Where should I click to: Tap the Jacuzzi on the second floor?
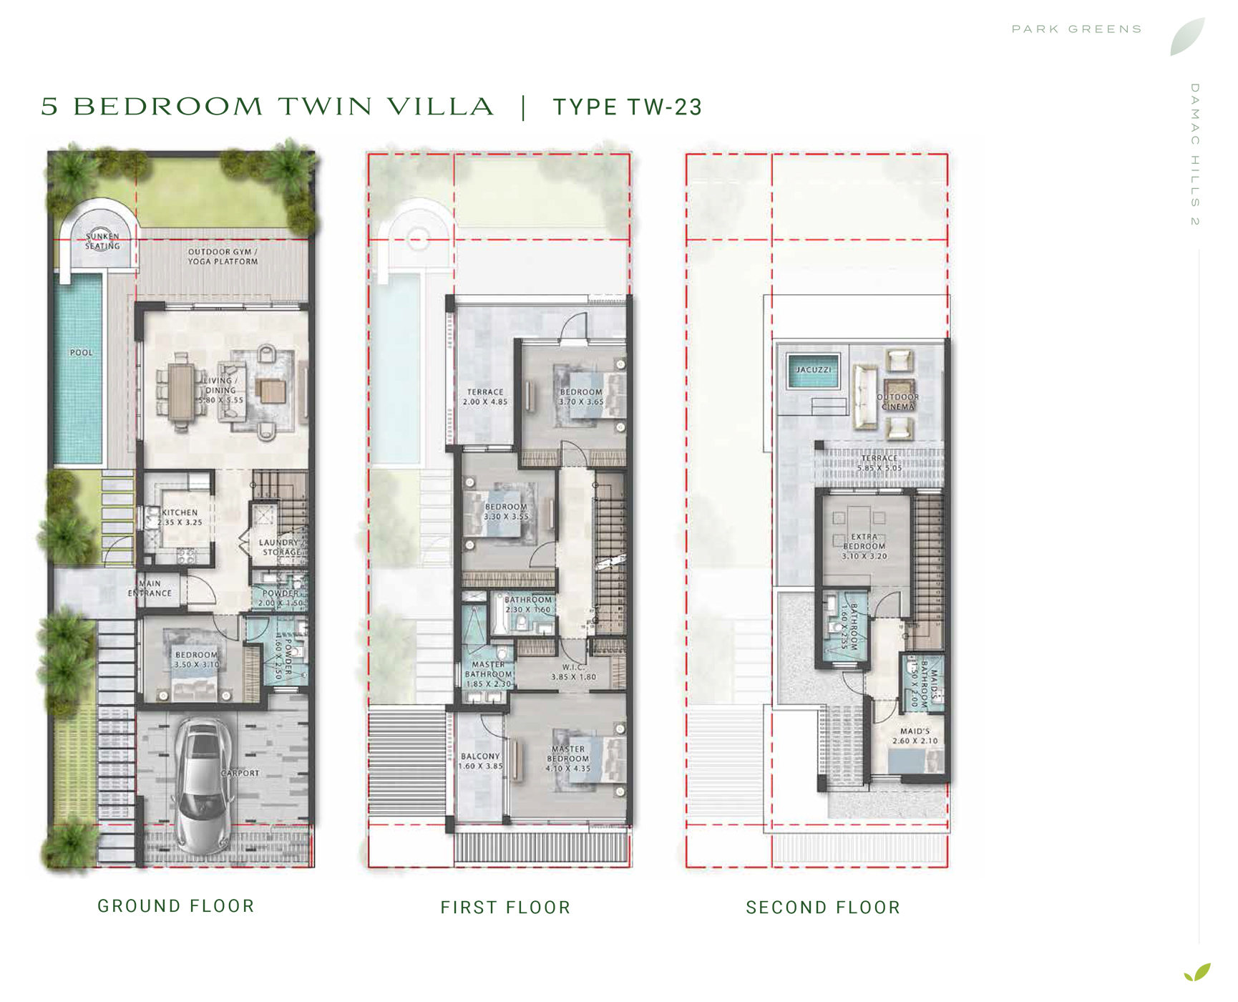pyautogui.click(x=814, y=371)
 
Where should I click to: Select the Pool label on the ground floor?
pyautogui.click(x=81, y=353)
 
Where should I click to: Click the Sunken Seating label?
pyautogui.click(x=102, y=241)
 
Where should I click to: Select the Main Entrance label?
pyautogui.click(x=150, y=588)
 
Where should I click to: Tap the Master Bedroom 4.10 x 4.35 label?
pyautogui.click(x=567, y=759)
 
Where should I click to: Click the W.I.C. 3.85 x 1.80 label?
pyautogui.click(x=573, y=672)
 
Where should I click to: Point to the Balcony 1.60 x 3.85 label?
pyautogui.click(x=480, y=761)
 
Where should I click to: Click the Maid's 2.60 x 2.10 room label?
pyautogui.click(x=915, y=736)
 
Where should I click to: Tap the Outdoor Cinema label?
pyautogui.click(x=897, y=402)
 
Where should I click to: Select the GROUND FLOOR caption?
pyautogui.click(x=176, y=906)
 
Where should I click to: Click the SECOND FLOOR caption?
pyautogui.click(x=823, y=908)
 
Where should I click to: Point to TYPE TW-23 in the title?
pyautogui.click(x=627, y=107)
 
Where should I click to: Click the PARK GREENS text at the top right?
pyautogui.click(x=1076, y=29)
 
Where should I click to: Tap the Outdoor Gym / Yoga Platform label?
pyautogui.click(x=223, y=256)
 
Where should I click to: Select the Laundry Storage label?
pyautogui.click(x=280, y=548)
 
